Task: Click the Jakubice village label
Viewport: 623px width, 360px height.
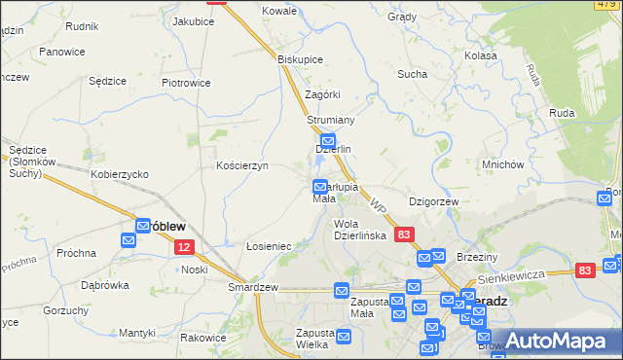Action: coord(193,20)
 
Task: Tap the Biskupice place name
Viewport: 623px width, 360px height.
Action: coord(300,58)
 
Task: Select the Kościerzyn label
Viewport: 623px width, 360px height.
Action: coord(241,166)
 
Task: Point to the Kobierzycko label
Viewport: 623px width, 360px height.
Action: coord(119,173)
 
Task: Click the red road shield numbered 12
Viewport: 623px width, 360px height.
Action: coord(186,248)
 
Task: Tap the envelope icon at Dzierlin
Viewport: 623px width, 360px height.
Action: coord(328,140)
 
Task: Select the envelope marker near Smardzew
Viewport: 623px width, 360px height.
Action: coord(341,290)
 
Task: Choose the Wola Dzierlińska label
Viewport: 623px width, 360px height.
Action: coord(360,230)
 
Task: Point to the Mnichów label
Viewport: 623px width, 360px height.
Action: coord(503,164)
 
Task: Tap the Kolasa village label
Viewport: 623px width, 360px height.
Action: coord(481,56)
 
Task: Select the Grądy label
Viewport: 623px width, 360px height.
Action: coord(401,18)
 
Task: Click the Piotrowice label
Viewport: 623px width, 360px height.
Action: coord(186,83)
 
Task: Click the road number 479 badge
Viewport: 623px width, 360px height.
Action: coord(605,5)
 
